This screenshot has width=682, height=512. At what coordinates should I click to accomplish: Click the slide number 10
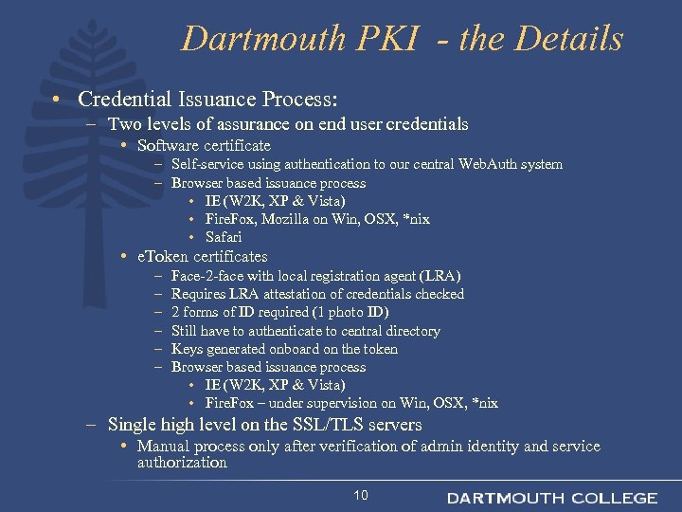tap(360, 496)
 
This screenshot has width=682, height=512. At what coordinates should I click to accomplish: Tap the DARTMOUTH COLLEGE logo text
tap(552, 498)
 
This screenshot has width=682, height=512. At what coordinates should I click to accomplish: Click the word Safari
tap(224, 237)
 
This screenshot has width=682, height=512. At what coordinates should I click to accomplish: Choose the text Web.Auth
tap(488, 164)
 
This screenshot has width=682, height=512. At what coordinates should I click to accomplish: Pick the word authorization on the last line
tap(182, 463)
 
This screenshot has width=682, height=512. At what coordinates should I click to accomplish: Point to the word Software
tap(167, 146)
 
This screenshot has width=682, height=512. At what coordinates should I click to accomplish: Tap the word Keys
tap(187, 349)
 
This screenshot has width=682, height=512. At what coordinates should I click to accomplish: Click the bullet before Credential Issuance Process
tap(59, 100)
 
